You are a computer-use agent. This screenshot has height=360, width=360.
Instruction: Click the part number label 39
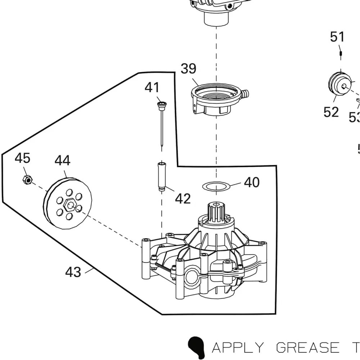pyautogui.click(x=188, y=69)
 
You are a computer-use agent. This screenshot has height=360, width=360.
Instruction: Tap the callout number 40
pyautogui.click(x=252, y=182)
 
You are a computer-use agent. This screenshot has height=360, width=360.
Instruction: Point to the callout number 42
pyautogui.click(x=183, y=198)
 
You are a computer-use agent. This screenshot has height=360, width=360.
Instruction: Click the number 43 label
pyautogui.click(x=73, y=272)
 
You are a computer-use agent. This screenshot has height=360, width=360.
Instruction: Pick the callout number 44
pyautogui.click(x=63, y=161)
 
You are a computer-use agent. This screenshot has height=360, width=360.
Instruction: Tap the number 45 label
pyautogui.click(x=22, y=158)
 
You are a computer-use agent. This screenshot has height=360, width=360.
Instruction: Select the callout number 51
pyautogui.click(x=337, y=37)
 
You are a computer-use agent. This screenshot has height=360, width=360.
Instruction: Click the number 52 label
pyautogui.click(x=331, y=112)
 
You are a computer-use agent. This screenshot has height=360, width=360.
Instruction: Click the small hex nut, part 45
pyautogui.click(x=26, y=179)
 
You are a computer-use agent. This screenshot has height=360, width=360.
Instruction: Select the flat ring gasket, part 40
pyautogui.click(x=216, y=186)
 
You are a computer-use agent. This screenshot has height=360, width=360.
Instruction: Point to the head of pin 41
pyautogui.click(x=161, y=105)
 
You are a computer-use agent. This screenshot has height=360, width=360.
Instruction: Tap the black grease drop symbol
pyautogui.click(x=196, y=346)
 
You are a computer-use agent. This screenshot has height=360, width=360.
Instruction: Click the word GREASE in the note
pyautogui.click(x=308, y=347)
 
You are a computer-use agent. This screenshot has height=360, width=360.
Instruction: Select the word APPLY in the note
pyautogui.click(x=238, y=347)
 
